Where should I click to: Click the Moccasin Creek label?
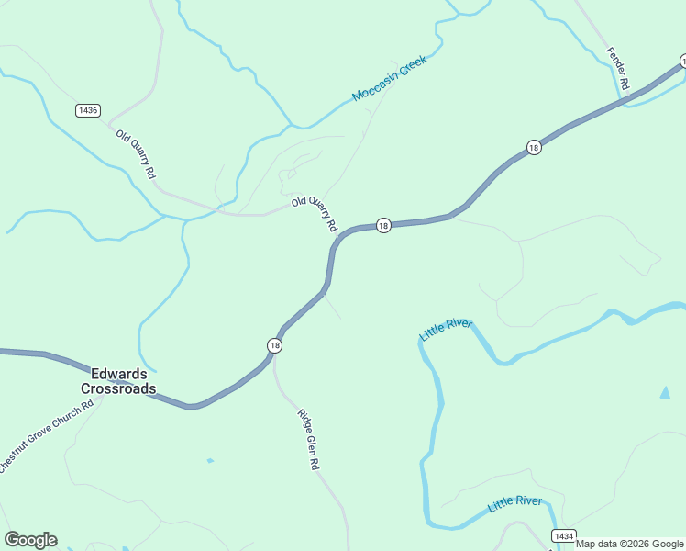(x=390, y=83)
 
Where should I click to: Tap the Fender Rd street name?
(x=617, y=68)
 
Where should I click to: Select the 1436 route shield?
(x=88, y=110)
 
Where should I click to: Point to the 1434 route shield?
(x=565, y=535)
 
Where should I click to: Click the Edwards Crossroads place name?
(x=123, y=381)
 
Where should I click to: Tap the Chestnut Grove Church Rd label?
(x=46, y=436)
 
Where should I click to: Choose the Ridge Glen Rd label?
(x=308, y=440)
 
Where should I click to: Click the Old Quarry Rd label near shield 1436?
(x=136, y=153)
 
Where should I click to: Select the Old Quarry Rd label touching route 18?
(x=315, y=213)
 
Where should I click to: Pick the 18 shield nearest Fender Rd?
(x=534, y=147)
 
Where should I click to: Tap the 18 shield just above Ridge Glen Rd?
(x=274, y=344)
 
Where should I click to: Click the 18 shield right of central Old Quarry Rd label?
(x=383, y=225)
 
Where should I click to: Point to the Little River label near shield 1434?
(x=514, y=501)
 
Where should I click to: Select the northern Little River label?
(x=446, y=330)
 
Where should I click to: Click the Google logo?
(x=30, y=540)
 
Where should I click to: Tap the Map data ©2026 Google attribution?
(x=629, y=544)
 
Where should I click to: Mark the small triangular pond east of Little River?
(x=664, y=392)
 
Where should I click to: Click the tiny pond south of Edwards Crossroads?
(x=210, y=460)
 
